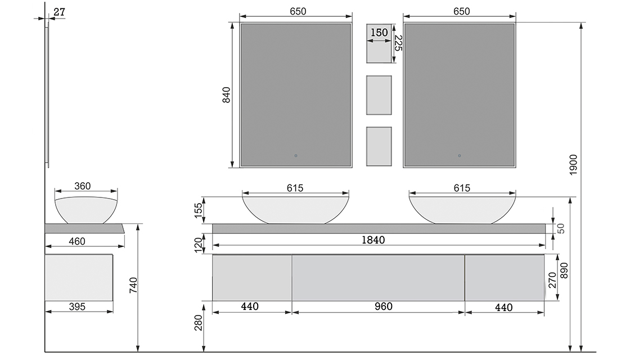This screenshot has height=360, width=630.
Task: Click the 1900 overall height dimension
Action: tap(573, 165)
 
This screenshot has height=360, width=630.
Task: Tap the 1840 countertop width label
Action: tap(373, 240)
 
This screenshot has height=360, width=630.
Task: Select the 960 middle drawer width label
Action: tap(383, 307)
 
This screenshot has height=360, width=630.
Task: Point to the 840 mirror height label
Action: tap(227, 95)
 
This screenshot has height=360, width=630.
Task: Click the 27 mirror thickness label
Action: tap(59, 12)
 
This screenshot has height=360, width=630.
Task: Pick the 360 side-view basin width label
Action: tap(82, 186)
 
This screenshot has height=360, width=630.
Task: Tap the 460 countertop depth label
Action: tap(76, 241)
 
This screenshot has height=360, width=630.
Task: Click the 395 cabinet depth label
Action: tap(77, 307)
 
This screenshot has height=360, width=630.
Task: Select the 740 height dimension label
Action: tap(133, 285)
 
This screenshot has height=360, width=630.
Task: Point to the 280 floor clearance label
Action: tap(199, 323)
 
